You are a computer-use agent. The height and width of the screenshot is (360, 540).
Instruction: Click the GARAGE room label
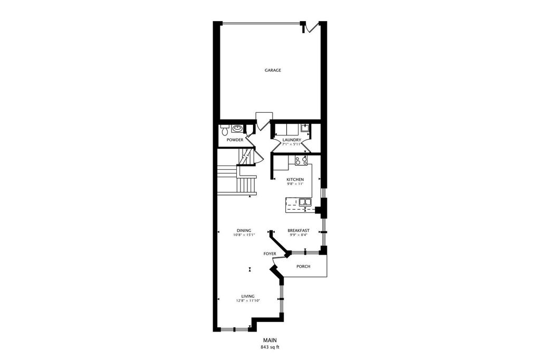click(273, 70)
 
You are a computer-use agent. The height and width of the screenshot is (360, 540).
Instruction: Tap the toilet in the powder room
click(225, 130)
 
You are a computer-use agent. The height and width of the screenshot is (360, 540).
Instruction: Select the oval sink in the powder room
click(237, 129)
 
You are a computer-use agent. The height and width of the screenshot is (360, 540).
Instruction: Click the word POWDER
click(235, 140)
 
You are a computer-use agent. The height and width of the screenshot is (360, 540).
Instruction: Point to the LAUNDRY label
click(292, 140)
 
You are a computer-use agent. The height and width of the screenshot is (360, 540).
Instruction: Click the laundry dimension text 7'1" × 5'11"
click(292, 144)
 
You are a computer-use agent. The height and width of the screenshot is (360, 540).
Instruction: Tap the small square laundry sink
click(304, 128)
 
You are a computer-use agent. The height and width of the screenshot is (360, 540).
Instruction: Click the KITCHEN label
click(295, 180)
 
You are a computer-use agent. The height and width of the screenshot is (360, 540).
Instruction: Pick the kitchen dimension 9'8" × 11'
click(295, 184)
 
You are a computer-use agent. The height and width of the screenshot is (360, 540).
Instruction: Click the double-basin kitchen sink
click(305, 202)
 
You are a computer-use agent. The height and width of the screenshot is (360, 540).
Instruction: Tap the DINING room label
click(244, 230)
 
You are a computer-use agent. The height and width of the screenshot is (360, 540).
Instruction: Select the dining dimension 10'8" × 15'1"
click(244, 235)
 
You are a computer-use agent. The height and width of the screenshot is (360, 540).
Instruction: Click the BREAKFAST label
click(298, 230)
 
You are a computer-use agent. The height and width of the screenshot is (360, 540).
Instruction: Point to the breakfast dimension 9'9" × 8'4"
click(298, 235)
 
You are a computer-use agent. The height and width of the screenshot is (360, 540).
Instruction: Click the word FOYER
click(269, 254)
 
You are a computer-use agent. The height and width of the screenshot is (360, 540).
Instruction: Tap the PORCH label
click(303, 266)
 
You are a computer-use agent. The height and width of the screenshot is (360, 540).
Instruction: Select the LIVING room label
click(248, 296)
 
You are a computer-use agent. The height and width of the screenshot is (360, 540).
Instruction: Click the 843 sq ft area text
click(270, 347)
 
